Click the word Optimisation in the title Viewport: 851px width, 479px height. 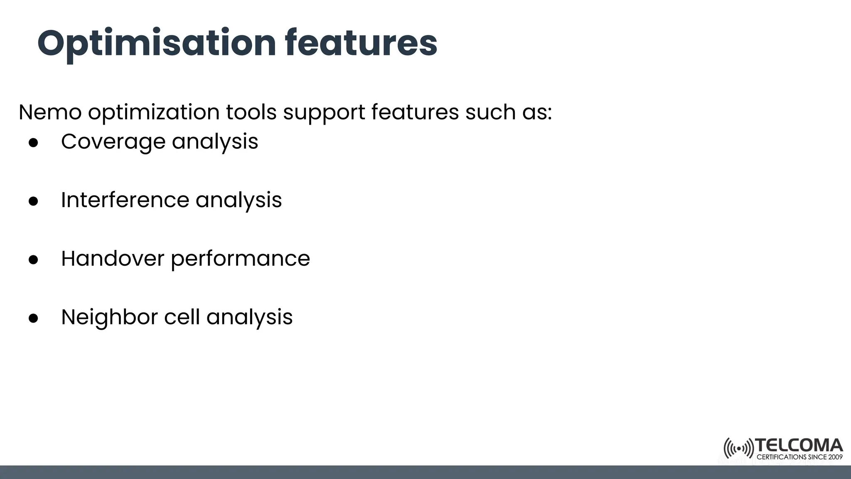pos(157,43)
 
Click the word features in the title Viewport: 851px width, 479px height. pos(361,43)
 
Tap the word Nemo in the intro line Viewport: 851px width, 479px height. pos(50,112)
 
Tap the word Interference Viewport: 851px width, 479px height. pos(125,200)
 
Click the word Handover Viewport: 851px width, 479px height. pos(113,258)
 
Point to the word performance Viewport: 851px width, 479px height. pos(240,259)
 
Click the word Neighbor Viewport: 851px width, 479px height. pos(109,317)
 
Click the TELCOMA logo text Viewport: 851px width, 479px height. pos(799,446)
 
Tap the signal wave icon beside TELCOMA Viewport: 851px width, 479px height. pos(738,449)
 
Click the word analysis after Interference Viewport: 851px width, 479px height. pos(239,200)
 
